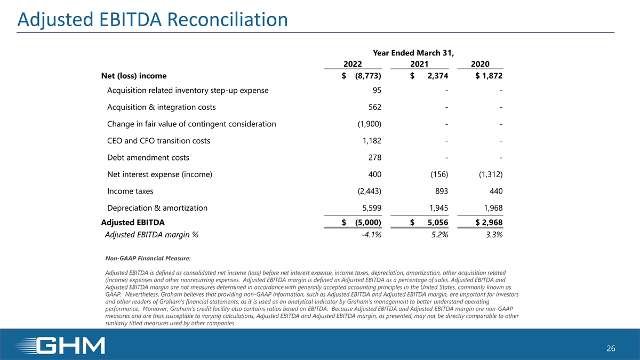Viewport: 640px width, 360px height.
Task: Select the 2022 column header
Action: (354, 64)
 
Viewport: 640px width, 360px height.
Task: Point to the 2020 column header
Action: (481, 64)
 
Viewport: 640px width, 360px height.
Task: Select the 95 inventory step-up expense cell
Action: (377, 90)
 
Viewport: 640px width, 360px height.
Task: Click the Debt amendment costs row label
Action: (148, 158)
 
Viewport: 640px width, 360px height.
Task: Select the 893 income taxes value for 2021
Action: (441, 191)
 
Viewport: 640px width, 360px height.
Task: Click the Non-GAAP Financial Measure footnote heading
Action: (148, 259)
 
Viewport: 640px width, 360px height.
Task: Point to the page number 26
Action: (611, 349)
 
